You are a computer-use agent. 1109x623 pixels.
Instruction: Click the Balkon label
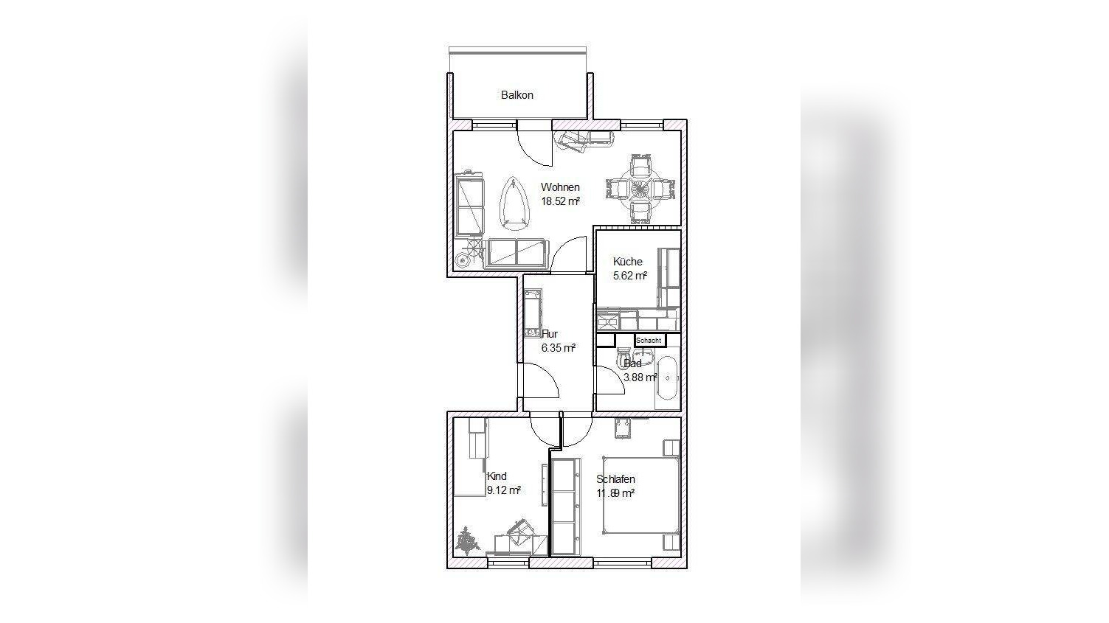(x=517, y=95)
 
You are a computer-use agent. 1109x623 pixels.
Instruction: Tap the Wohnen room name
(x=560, y=187)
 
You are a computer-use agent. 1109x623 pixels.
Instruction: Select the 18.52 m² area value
(x=560, y=201)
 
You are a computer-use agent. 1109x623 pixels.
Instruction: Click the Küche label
(x=627, y=262)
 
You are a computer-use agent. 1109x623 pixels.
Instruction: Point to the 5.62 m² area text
(x=629, y=276)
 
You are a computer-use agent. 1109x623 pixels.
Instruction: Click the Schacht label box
(x=649, y=341)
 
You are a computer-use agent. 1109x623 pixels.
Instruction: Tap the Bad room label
(x=633, y=363)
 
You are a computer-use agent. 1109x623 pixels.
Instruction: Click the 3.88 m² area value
(x=640, y=377)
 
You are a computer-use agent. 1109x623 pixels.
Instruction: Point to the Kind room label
(x=497, y=476)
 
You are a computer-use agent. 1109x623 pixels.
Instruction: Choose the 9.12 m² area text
(x=504, y=490)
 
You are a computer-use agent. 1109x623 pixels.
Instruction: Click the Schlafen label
(x=615, y=479)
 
